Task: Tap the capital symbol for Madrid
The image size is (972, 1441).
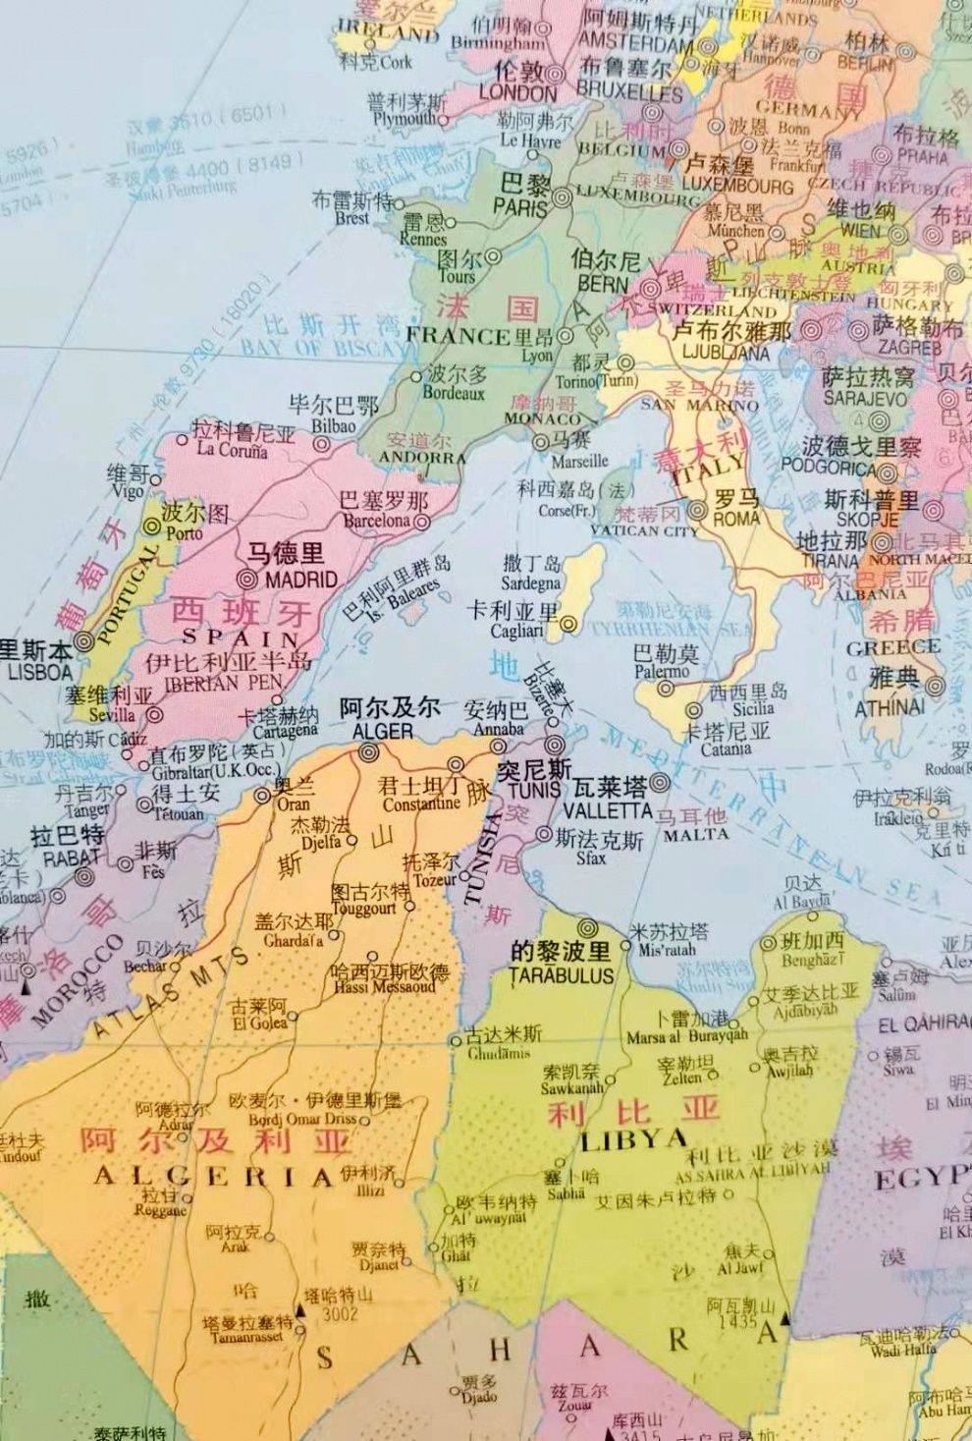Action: [248, 580]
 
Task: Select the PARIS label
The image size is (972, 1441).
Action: [520, 206]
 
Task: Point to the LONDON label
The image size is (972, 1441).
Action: [517, 93]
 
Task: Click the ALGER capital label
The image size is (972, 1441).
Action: [382, 731]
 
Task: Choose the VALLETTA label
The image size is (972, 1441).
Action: [608, 810]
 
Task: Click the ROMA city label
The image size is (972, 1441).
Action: [736, 519]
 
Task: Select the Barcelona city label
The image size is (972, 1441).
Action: [376, 521]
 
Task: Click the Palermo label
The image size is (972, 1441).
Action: [662, 672]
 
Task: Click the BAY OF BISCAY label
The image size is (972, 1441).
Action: [322, 348]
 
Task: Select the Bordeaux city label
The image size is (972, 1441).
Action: [454, 393]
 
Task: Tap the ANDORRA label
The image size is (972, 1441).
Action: [422, 458]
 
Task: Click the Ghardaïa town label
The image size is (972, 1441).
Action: [293, 941]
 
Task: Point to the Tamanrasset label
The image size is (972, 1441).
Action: [247, 1338]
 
